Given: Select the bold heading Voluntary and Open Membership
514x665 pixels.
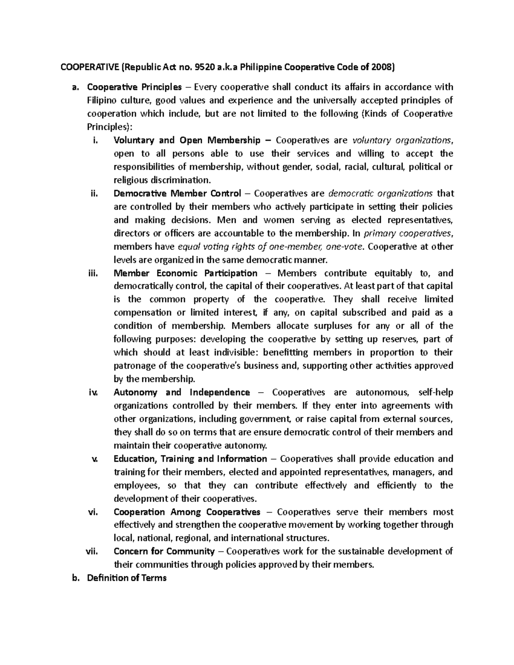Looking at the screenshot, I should (x=187, y=140).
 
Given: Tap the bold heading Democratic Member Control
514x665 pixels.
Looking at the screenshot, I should (x=177, y=193).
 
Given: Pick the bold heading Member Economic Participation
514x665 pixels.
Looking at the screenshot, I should (x=185, y=273).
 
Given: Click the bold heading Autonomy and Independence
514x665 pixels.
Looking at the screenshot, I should (x=182, y=392).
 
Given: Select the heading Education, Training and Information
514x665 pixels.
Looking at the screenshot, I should (x=190, y=459).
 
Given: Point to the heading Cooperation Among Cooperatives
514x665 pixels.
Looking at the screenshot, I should (x=187, y=512).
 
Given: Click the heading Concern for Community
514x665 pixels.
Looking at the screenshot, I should (x=164, y=551).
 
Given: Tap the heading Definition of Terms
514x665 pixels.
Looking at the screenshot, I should (x=127, y=578).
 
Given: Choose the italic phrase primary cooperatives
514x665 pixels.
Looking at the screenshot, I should (x=407, y=233).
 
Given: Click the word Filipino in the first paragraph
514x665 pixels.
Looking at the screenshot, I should (x=102, y=100).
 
